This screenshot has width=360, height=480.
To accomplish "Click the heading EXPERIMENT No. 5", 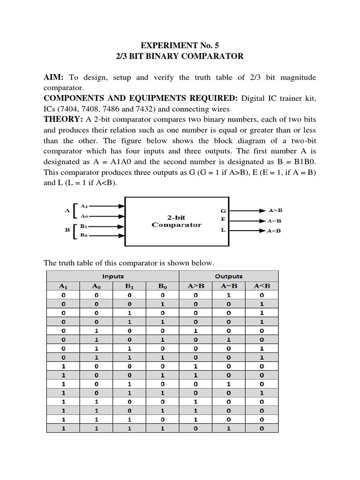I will click(x=180, y=45).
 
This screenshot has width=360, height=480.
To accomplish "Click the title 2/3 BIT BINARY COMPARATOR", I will click(x=180, y=56).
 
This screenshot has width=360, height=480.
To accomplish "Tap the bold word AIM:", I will click(x=53, y=77).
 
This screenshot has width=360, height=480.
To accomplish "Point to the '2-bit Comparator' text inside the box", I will click(x=176, y=221).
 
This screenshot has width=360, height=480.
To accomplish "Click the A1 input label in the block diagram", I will click(x=84, y=206).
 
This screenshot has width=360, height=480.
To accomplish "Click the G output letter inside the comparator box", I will click(x=224, y=211).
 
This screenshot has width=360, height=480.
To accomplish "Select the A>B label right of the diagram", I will click(x=275, y=210).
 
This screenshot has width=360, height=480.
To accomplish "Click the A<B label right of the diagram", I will click(x=275, y=231).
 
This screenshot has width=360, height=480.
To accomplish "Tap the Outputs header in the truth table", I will click(x=229, y=277).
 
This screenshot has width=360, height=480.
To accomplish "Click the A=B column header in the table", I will click(x=229, y=286).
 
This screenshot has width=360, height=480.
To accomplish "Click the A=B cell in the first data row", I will click(x=229, y=296).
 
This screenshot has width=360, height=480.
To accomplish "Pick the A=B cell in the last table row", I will click(x=229, y=428).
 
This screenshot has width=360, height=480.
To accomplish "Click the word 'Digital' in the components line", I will click(x=256, y=98).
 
